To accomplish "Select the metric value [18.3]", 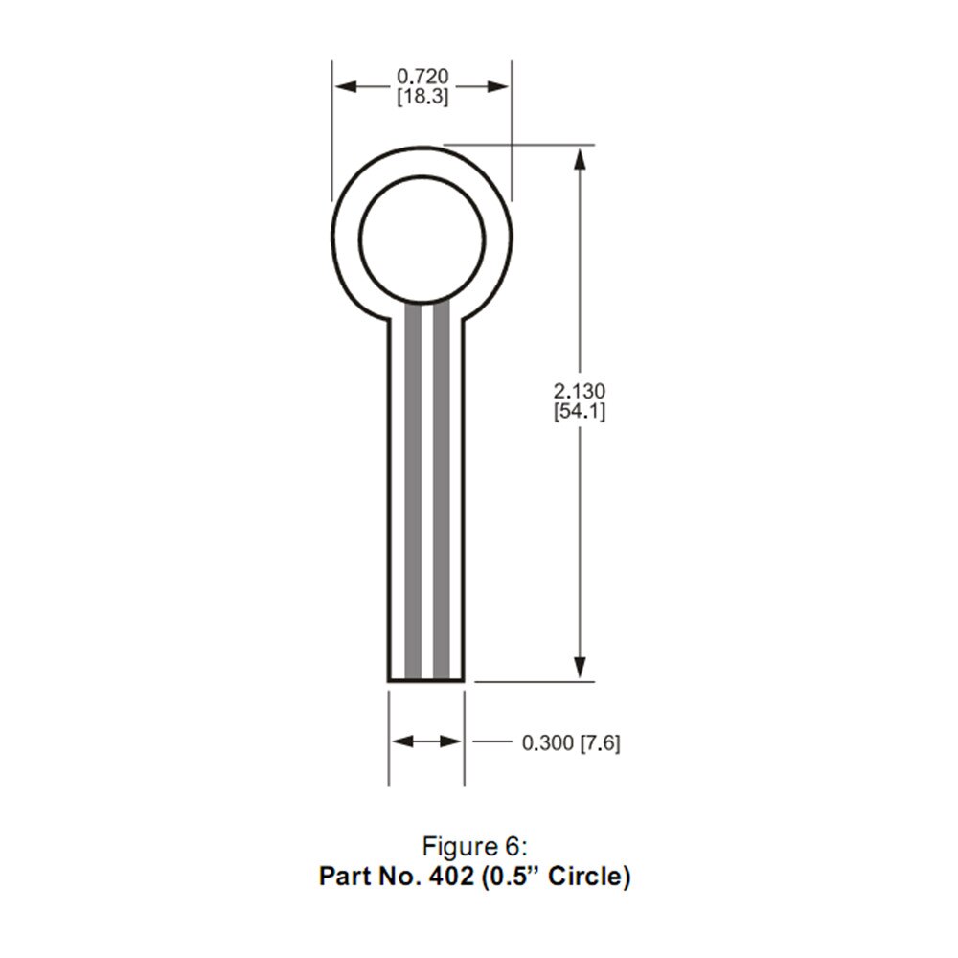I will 422,96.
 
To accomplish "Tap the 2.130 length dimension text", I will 580,391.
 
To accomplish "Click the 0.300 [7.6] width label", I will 570,742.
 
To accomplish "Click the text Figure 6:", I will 475,847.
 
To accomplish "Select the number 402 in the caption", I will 451,877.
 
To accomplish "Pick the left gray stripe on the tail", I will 413,498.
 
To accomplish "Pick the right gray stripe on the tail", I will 442,498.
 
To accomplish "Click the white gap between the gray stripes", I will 427,498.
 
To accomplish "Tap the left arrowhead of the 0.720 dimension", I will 344,86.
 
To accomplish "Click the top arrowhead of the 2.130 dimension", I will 580,157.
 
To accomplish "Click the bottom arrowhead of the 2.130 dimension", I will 580,670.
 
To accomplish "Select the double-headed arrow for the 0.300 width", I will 426,741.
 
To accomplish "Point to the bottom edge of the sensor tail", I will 426,681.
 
